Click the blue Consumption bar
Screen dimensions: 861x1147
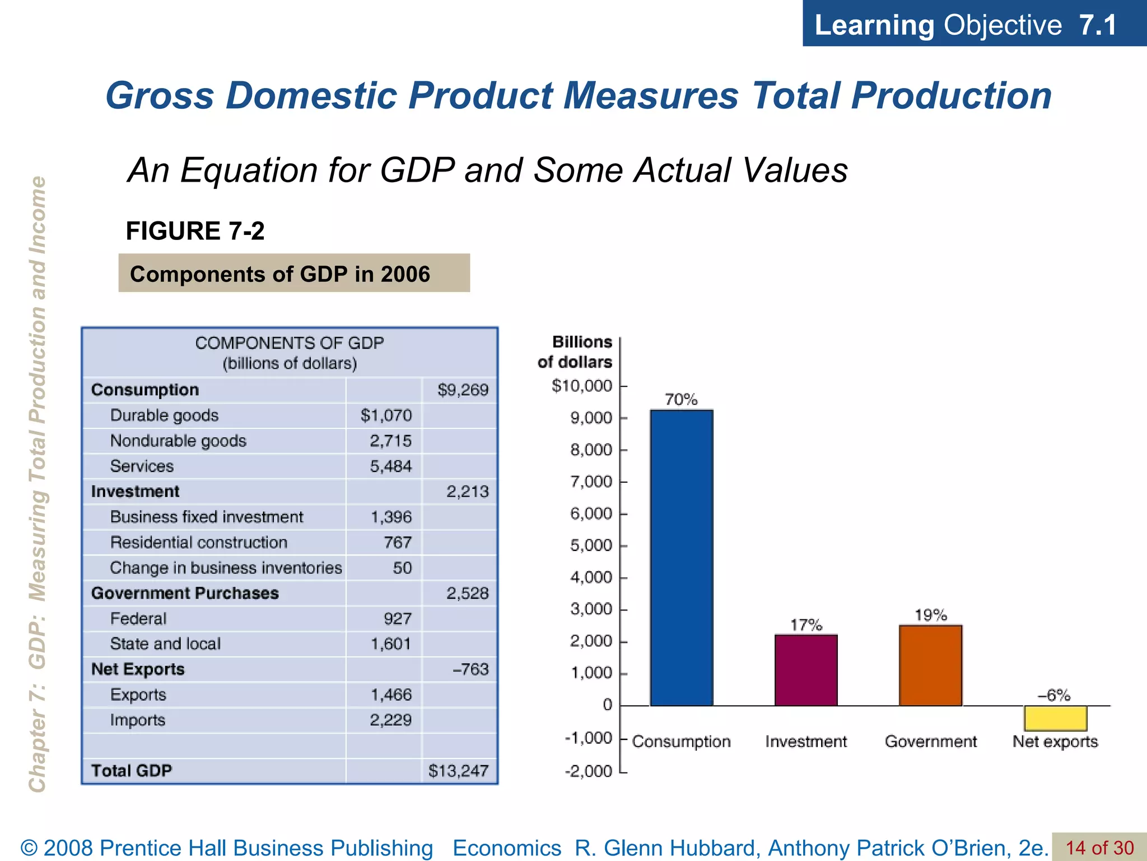pos(681,558)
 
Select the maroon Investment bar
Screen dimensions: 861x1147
pos(806,670)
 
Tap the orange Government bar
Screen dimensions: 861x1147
pos(930,665)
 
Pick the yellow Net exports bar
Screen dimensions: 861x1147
pos(1055,718)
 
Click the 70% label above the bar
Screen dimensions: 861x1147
pos(681,400)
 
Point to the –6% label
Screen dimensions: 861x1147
pos(1054,696)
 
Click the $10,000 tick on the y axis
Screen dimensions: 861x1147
pos(582,386)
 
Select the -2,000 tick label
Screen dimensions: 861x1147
pos(588,771)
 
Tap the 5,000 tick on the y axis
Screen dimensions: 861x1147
pos(591,545)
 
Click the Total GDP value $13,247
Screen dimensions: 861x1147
pos(458,771)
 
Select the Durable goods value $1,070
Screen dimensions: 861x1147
pos(386,415)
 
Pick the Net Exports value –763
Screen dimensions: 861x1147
pos(470,669)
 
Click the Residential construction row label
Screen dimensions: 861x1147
pos(199,543)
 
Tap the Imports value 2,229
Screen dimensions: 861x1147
pos(390,720)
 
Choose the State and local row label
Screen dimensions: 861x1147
pos(165,644)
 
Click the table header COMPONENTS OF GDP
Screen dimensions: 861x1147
pos(290,343)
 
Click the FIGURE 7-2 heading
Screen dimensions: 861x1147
pos(195,231)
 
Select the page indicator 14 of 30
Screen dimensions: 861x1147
pos(1099,848)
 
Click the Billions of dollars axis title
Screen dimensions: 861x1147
pos(575,352)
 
